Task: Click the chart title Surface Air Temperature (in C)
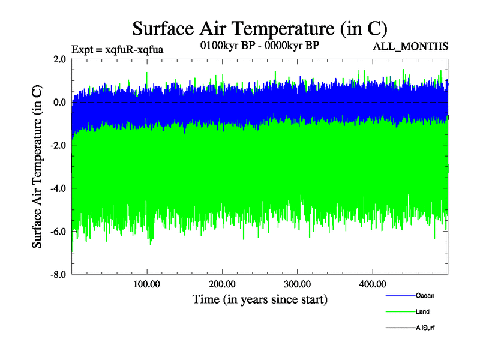(260, 28)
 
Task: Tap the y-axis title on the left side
(37, 167)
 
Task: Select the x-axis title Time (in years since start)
(260, 298)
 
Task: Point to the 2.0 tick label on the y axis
(59, 59)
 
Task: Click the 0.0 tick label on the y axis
(59, 102)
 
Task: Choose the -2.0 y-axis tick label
(58, 145)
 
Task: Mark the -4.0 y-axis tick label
(58, 188)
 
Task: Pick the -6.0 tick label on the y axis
(58, 232)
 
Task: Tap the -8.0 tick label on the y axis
(58, 275)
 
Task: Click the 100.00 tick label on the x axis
(147, 284)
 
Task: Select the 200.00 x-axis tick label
(222, 284)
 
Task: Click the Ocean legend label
(425, 295)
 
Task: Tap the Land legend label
(422, 311)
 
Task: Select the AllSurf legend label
(425, 328)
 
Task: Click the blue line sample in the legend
(399, 295)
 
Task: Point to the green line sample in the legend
(399, 311)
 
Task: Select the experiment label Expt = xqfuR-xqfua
(117, 49)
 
